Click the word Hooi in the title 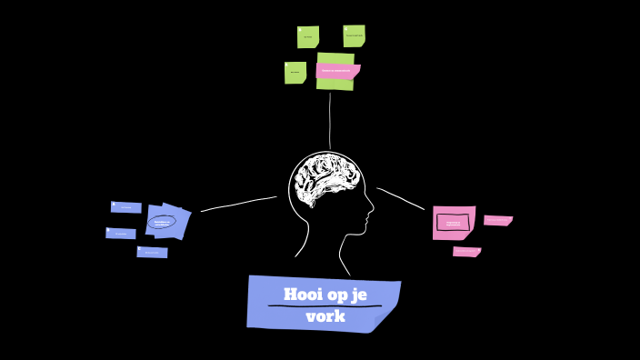pyautogui.click(x=304, y=295)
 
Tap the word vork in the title pyautogui.click(x=325, y=316)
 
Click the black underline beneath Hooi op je pyautogui.click(x=324, y=306)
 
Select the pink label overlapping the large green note pyautogui.click(x=336, y=70)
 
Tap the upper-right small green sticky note pyautogui.click(x=354, y=35)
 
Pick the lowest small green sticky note pyautogui.click(x=295, y=73)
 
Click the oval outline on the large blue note pyautogui.click(x=161, y=222)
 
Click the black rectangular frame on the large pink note pyautogui.click(x=453, y=222)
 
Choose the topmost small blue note pyautogui.click(x=126, y=207)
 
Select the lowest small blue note pyautogui.click(x=152, y=252)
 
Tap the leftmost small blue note pyautogui.click(x=120, y=234)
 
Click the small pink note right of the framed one pyautogui.click(x=497, y=220)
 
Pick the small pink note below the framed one pyautogui.click(x=466, y=252)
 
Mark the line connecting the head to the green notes pyautogui.click(x=330, y=123)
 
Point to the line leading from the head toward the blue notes pyautogui.click(x=238, y=204)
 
